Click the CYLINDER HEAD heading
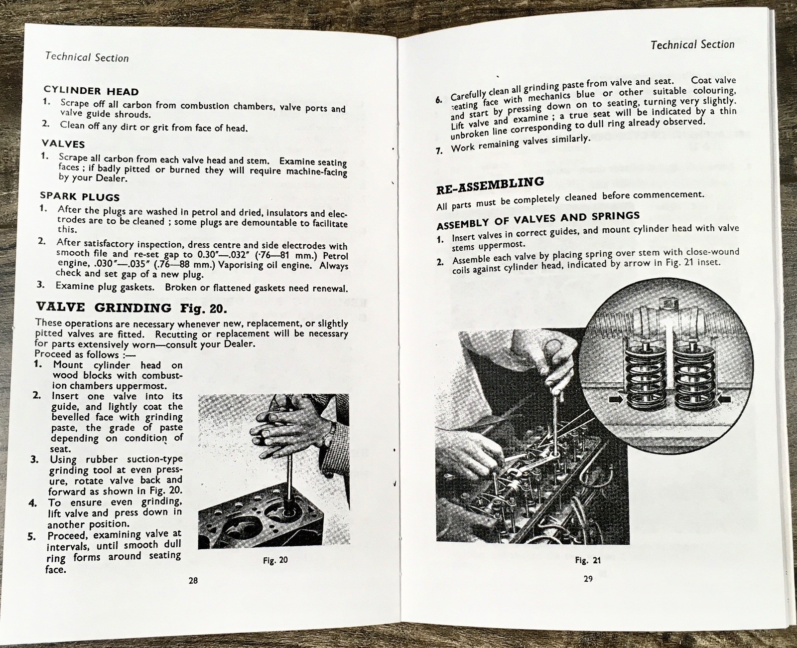point(91,91)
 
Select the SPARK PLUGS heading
point(80,196)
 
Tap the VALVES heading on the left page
point(63,144)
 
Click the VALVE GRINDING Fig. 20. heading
point(131,308)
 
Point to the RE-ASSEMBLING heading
point(490,185)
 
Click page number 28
point(193,580)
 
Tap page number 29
point(588,579)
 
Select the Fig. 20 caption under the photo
point(275,560)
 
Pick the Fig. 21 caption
point(588,560)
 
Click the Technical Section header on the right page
point(692,45)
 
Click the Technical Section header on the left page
point(87,57)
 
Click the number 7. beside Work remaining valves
point(439,150)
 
